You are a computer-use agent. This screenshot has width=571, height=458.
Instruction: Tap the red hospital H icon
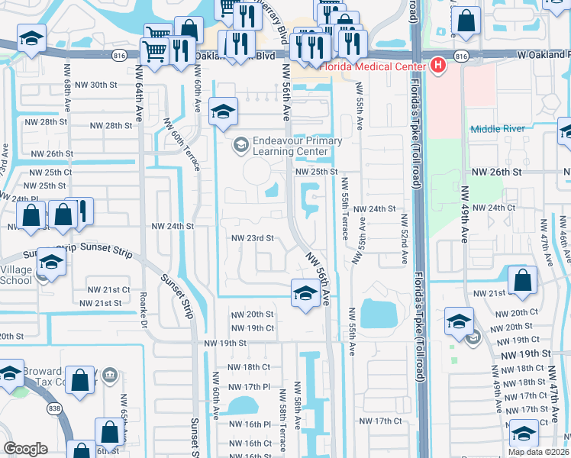437,66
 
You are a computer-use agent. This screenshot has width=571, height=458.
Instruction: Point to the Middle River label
498,128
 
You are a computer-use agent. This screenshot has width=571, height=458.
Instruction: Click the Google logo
25,449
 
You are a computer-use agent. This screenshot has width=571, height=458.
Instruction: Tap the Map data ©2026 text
538,452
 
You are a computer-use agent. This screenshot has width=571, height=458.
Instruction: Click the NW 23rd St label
253,237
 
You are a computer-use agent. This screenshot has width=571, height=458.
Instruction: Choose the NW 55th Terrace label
345,208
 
